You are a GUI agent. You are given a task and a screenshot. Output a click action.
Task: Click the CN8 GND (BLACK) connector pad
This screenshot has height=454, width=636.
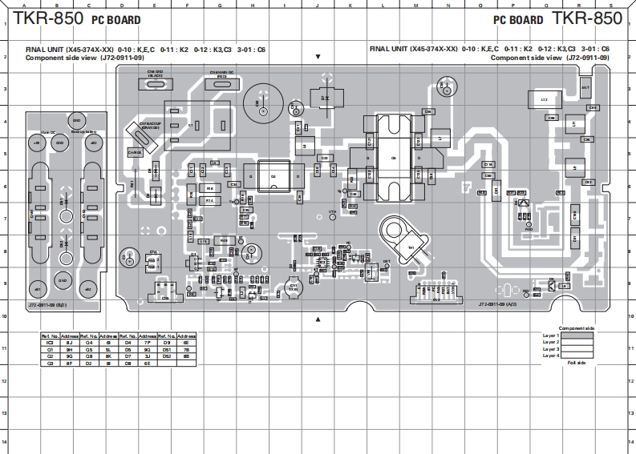pyautogui.click(x=156, y=83)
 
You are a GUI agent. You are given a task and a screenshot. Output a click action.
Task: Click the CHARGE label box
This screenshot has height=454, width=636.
pyautogui.click(x=135, y=151)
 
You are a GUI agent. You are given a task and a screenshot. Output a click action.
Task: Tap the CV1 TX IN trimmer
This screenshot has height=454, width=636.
pyautogui.click(x=294, y=286)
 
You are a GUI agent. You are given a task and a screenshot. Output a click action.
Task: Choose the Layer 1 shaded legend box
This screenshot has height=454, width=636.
pyautogui.click(x=577, y=335)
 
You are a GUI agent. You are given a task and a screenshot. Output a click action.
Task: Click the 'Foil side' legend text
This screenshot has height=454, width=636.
pyautogui.click(x=576, y=363)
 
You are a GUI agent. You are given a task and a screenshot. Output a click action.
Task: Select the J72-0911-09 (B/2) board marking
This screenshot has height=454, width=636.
pyautogui.click(x=47, y=305)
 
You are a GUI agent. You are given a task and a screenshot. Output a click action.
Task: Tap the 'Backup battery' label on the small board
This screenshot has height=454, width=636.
pyautogui.click(x=83, y=131)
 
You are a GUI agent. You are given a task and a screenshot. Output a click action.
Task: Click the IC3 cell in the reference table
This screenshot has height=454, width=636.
pyautogui.click(x=50, y=342)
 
